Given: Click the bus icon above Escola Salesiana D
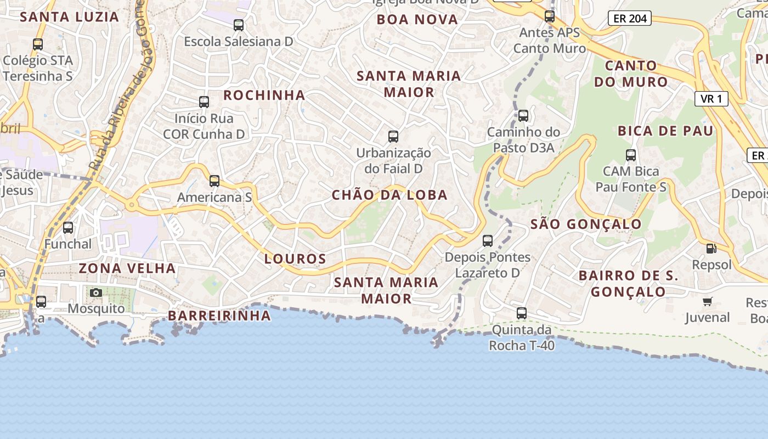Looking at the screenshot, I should (239, 25).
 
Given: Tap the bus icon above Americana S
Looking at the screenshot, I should (214, 181).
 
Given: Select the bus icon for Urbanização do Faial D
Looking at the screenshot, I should (393, 136).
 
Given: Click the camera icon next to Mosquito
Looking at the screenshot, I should (96, 292).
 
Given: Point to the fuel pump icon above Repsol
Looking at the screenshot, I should (711, 248).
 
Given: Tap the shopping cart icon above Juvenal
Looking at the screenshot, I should (708, 301).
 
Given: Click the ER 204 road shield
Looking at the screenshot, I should (630, 19).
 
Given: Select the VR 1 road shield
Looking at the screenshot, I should (711, 99).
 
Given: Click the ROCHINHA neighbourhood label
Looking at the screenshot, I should (264, 95).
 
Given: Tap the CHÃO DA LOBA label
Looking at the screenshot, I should (389, 195).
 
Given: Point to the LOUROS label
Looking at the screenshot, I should (295, 258).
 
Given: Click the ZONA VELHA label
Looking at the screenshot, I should (127, 268).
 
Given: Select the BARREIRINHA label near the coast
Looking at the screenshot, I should (219, 316).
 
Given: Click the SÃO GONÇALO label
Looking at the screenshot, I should (586, 224).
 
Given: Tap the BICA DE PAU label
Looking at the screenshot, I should (665, 131).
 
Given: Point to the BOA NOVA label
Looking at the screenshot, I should (417, 20).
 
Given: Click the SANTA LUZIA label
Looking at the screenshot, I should (70, 16).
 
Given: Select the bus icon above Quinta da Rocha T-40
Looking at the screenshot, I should (522, 313).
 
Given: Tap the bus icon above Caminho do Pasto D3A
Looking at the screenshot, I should (523, 115).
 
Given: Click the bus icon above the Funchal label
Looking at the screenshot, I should (68, 227).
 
